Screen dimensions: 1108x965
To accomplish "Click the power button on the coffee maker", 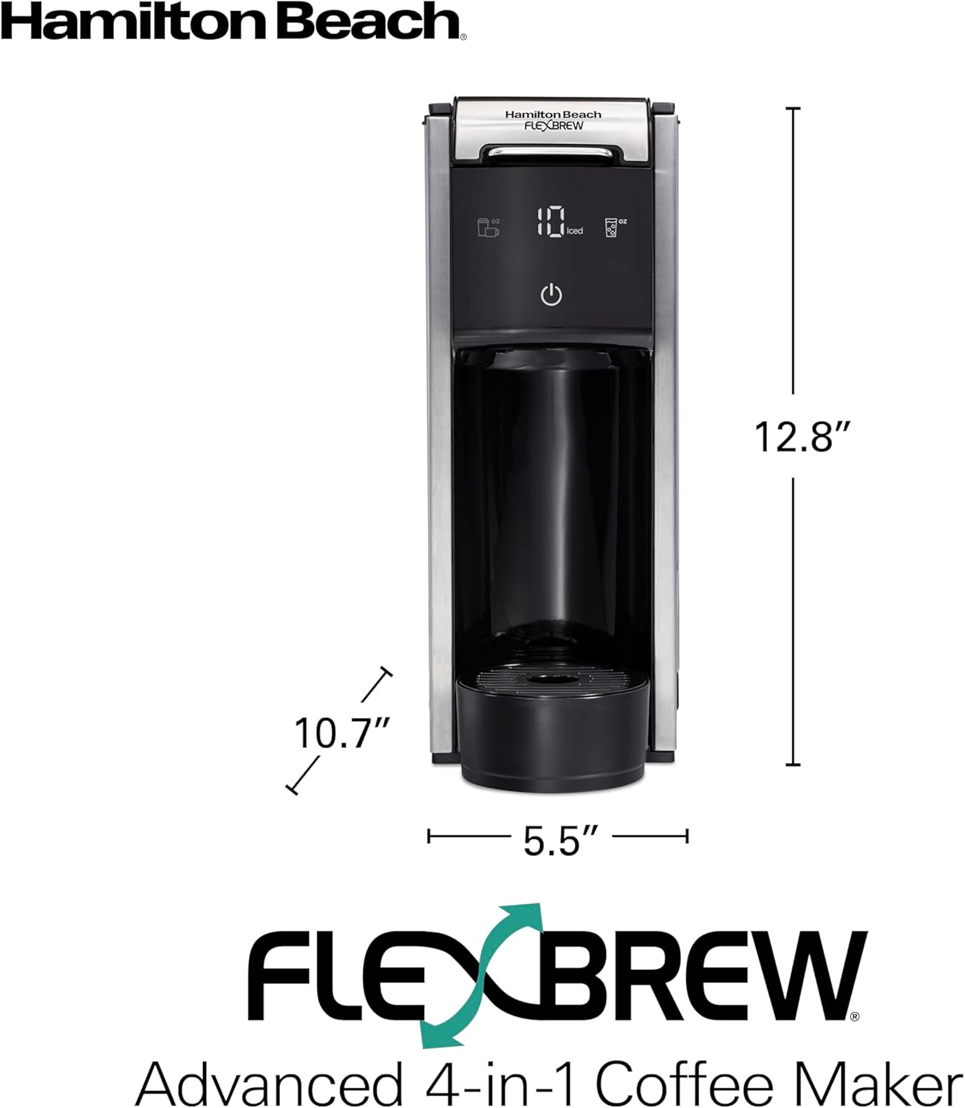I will pos(551,295).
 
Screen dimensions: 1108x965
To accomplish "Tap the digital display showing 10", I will pos(550,222).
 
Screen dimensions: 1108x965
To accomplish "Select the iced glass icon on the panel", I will pos(612,227).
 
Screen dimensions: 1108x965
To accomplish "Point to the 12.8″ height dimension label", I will pos(802,436).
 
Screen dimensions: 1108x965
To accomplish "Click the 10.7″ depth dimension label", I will pos(341,733).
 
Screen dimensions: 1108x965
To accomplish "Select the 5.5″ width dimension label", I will pos(559,841).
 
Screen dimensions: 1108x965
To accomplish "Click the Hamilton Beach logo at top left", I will pos(233,22).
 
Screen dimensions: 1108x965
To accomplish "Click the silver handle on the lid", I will pos(551,151).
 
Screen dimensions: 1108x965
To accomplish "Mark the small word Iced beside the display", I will pos(575,231).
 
